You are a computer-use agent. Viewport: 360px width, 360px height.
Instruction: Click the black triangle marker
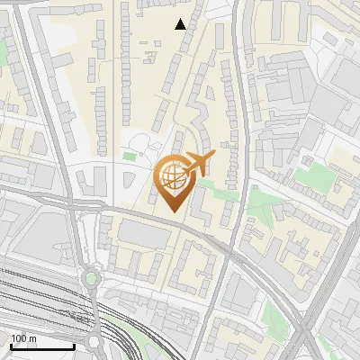coord(181,24)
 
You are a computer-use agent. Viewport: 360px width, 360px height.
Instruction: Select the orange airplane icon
coord(200,164)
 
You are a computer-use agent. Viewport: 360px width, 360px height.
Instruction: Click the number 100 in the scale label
coord(19,339)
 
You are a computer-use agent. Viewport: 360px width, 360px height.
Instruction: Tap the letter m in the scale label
coord(32,339)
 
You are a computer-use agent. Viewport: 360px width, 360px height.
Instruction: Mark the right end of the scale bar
coord(74,346)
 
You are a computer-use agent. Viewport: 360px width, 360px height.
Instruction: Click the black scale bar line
coord(41,346)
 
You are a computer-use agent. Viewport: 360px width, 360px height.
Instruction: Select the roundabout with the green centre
coord(91,278)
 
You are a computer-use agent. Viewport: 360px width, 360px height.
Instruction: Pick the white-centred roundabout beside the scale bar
coord(94,342)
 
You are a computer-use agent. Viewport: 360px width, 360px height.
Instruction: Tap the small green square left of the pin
coord(130,157)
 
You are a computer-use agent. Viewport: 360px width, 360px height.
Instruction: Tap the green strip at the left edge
coord(3,54)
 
